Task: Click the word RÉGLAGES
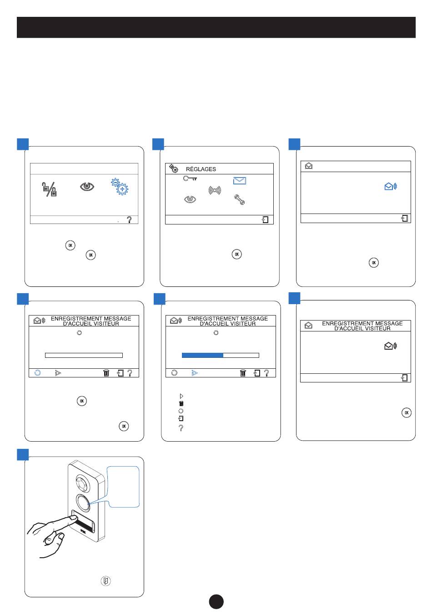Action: (201, 169)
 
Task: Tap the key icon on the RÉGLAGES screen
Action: (190, 178)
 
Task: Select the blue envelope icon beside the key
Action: (239, 180)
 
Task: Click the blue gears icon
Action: (120, 187)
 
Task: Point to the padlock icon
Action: (50, 188)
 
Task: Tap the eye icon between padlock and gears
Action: (87, 186)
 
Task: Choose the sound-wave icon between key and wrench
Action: (214, 190)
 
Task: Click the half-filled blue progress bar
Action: (221, 355)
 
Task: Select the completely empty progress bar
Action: (84, 355)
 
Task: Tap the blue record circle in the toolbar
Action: (38, 372)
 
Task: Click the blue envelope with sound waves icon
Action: (391, 186)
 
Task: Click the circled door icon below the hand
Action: (105, 581)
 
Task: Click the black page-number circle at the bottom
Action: (216, 601)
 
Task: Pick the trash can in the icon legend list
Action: (181, 403)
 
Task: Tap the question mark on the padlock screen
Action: (130, 219)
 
